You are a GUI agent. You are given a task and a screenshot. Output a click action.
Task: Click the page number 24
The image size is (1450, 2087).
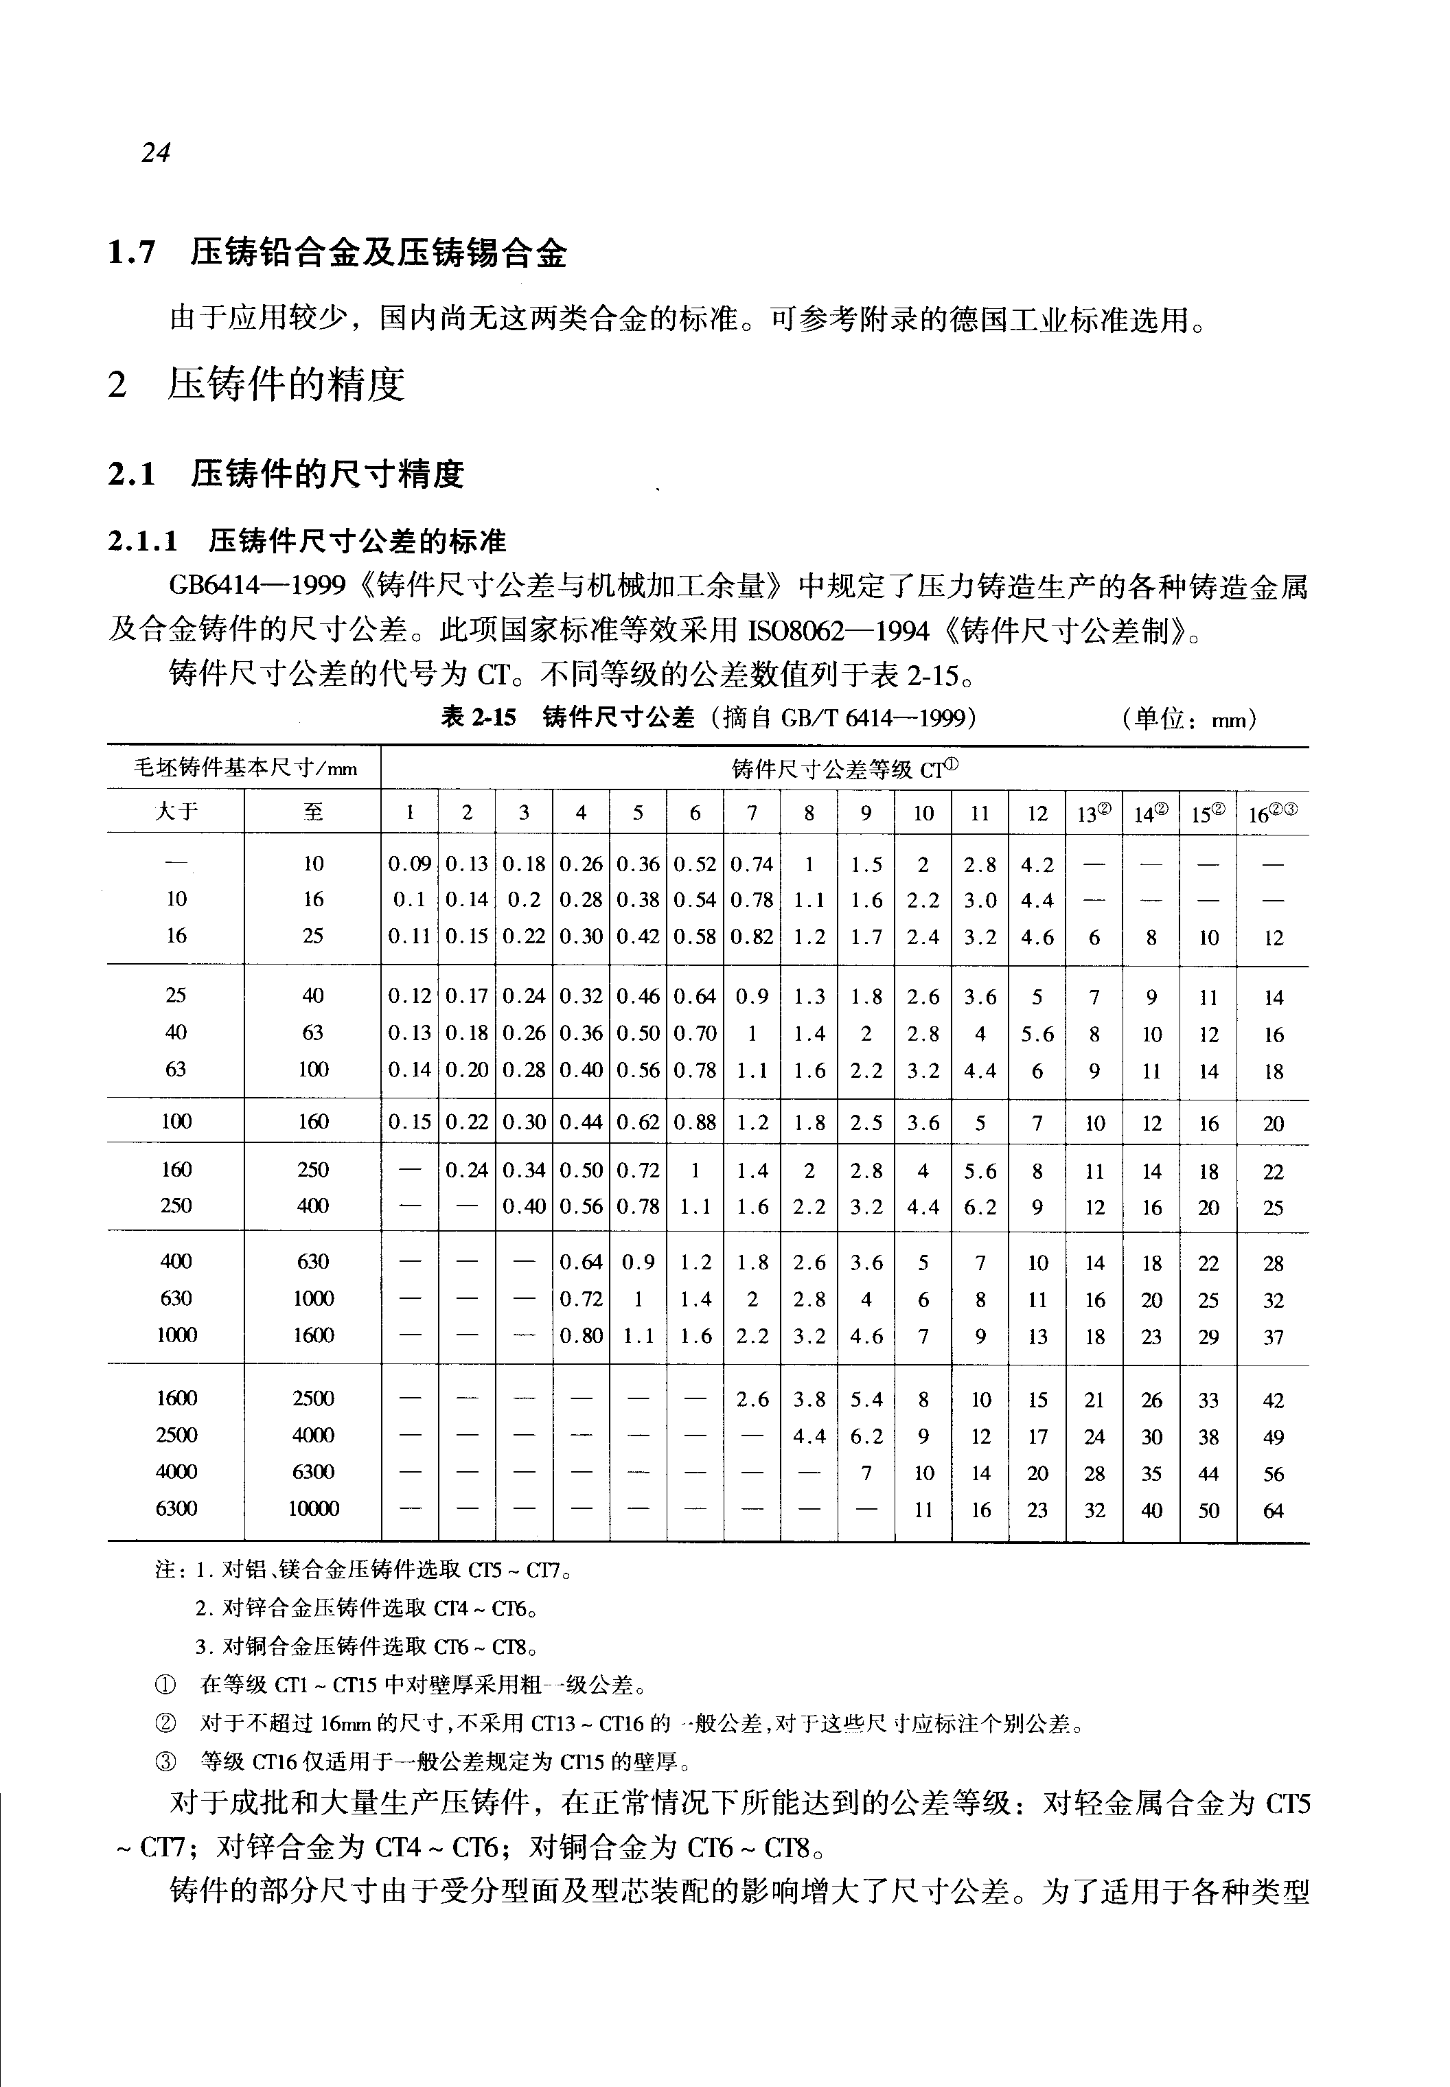pyautogui.click(x=155, y=152)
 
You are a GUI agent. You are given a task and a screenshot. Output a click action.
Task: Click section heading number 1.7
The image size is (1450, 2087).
pyautogui.click(x=132, y=253)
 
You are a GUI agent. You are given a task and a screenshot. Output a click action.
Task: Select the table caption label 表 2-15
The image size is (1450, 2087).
pyautogui.click(x=478, y=718)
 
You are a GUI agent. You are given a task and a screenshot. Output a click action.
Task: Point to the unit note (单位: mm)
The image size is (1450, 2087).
pyautogui.click(x=1189, y=719)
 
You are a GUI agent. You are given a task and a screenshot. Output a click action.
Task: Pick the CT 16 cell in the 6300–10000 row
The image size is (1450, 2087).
pyautogui.click(x=1273, y=1511)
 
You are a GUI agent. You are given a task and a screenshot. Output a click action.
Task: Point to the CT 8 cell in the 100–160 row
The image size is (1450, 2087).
pyautogui.click(x=809, y=1123)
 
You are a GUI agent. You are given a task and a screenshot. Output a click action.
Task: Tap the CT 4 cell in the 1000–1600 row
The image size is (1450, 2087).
pyautogui.click(x=582, y=1335)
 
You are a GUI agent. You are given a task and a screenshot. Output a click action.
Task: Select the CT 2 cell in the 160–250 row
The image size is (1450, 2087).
pyautogui.click(x=467, y=1171)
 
